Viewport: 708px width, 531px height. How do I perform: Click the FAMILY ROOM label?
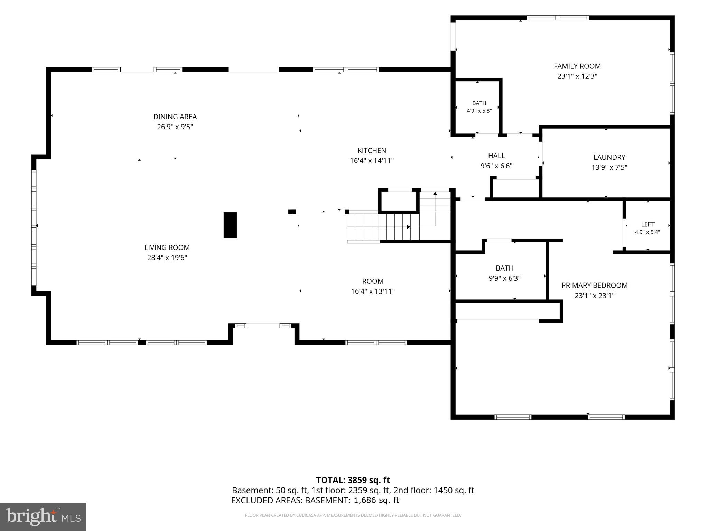coord(577,66)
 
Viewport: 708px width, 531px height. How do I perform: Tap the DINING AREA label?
coord(175,117)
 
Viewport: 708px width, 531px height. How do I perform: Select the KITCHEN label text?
coord(372,150)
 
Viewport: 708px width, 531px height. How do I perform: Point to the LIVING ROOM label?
coord(167,248)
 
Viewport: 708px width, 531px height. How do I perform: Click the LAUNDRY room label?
coord(609,157)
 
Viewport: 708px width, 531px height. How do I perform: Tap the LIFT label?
coord(648,224)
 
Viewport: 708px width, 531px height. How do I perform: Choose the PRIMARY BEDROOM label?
coord(595,285)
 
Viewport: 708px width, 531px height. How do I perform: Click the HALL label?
coord(496,156)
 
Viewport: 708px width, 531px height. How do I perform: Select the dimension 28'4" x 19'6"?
coord(167,258)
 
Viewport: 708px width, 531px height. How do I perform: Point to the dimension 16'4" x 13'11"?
coord(373,291)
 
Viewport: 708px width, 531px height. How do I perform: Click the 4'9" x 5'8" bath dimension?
coord(479,111)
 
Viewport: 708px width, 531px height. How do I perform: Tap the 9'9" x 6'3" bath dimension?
coord(504,278)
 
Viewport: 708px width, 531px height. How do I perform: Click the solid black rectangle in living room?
coord(230,225)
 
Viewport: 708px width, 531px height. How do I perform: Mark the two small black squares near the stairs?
coord(292,212)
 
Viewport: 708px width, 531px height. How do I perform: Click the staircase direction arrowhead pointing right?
coord(409,227)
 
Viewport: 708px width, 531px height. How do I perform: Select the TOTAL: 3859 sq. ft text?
coord(353,480)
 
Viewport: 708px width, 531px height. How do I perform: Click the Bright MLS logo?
coord(43,516)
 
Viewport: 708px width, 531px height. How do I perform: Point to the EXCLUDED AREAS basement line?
coord(315,500)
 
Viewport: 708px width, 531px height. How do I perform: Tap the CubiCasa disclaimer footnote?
coord(353,515)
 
